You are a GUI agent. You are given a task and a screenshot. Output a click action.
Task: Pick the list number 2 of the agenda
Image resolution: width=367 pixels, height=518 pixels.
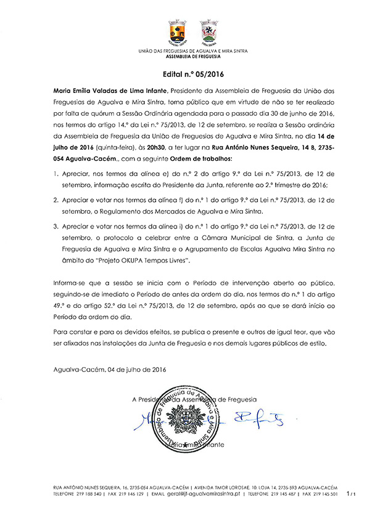click(x=55, y=200)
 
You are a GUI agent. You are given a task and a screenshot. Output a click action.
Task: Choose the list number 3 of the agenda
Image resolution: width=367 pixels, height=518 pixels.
click(x=55, y=226)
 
